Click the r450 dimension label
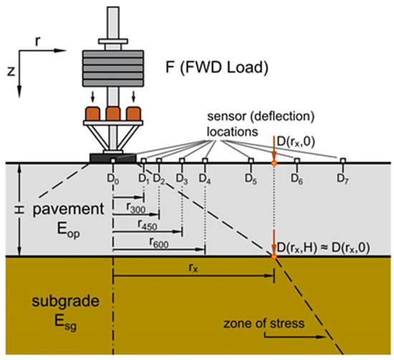[146, 224]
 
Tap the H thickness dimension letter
[9, 209]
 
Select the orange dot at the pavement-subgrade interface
[274, 256]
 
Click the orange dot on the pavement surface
[274, 164]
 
